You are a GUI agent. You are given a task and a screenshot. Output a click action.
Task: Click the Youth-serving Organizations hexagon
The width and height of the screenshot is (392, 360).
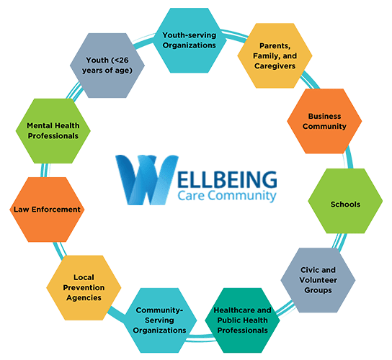pyautogui.click(x=190, y=40)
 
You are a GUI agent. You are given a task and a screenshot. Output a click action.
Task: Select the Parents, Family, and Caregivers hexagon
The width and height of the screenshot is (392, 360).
pyautogui.click(x=275, y=55)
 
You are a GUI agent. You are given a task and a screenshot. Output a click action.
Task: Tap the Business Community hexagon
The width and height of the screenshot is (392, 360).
pyautogui.click(x=324, y=121)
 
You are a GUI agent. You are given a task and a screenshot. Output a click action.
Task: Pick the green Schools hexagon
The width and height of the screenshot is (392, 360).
pyautogui.click(x=345, y=201)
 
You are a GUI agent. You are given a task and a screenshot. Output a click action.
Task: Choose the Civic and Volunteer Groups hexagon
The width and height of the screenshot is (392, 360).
pyautogui.click(x=318, y=280)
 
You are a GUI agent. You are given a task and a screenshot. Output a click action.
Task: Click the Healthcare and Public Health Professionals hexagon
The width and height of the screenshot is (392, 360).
pyautogui.click(x=242, y=320)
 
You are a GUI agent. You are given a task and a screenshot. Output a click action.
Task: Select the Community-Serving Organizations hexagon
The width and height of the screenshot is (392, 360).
pyautogui.click(x=159, y=320)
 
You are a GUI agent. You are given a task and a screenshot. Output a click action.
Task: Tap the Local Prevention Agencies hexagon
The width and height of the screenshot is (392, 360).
pyautogui.click(x=84, y=288)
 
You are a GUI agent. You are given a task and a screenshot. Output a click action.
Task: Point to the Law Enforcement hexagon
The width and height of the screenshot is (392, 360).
pyautogui.click(x=47, y=210)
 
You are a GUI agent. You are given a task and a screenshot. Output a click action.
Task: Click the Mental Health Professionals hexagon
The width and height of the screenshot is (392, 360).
pyautogui.click(x=53, y=131)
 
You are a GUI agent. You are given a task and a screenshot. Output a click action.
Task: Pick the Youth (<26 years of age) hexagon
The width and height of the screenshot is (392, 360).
pyautogui.click(x=107, y=66)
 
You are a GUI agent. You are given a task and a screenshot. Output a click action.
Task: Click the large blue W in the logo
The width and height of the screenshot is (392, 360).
pyautogui.click(x=147, y=180)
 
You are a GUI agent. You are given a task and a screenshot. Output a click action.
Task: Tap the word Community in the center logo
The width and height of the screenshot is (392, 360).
pyautogui.click(x=242, y=195)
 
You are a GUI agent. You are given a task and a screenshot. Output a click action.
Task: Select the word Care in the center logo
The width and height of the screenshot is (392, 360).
pyautogui.click(x=191, y=195)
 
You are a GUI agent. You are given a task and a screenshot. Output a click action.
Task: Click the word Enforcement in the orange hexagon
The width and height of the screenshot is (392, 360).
pyautogui.click(x=56, y=210)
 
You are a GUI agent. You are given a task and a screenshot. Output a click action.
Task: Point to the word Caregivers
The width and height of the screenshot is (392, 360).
pyautogui.click(x=275, y=66)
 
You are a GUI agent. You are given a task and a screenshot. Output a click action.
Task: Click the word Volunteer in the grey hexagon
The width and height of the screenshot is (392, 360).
pyautogui.click(x=318, y=280)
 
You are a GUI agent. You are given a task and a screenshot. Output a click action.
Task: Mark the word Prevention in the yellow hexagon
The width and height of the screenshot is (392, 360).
pyautogui.click(x=84, y=288)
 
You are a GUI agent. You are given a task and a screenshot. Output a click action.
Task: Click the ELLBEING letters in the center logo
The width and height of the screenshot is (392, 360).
pyautogui.click(x=227, y=179)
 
